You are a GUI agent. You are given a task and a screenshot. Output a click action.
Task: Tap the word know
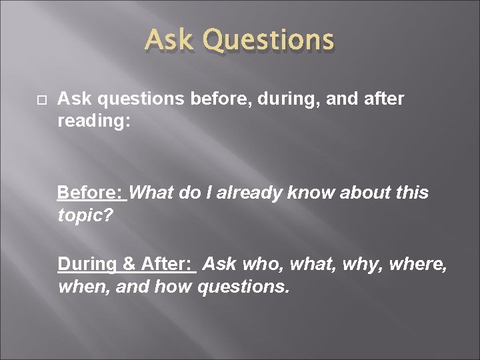[311, 193]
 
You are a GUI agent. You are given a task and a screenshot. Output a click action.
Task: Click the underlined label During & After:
[126, 265]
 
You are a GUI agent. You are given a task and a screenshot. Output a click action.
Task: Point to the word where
[409, 265]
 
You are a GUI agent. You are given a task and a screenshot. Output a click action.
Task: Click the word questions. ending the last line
[243, 287]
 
